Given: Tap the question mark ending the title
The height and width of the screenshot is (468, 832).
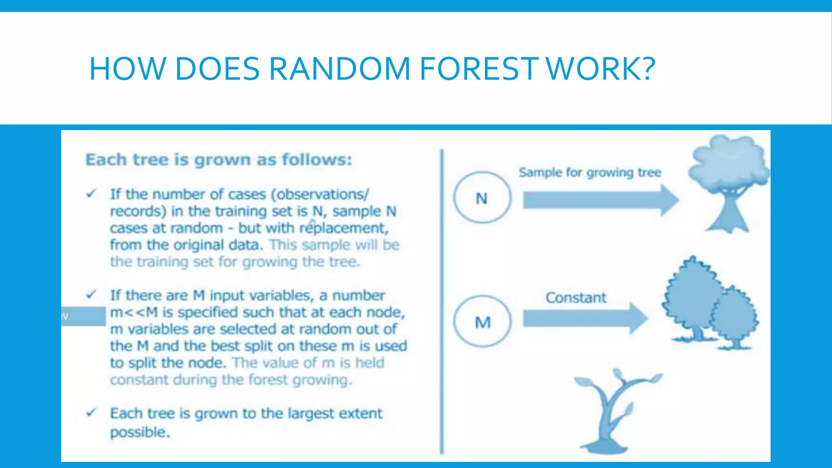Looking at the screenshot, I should click(x=646, y=69).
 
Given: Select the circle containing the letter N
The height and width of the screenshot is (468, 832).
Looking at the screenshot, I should click(x=482, y=197).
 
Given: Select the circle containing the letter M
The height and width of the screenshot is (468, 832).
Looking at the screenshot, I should click(x=482, y=322).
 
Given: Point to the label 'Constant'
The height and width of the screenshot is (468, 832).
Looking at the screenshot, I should click(x=575, y=298).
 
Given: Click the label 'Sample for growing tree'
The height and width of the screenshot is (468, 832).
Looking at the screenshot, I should click(x=589, y=173).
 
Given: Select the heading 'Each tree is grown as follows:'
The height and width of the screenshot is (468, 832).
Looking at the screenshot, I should click(x=219, y=160).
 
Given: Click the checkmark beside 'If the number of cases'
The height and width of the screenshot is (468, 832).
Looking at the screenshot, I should click(x=91, y=193).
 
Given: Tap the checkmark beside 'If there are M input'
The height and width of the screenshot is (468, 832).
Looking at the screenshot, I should click(x=91, y=294).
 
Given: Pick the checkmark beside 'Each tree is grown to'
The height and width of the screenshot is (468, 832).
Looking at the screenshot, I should click(x=91, y=413).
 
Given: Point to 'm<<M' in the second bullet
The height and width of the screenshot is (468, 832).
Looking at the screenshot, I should click(x=134, y=312).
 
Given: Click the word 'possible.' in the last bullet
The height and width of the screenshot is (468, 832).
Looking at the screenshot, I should click(x=140, y=432).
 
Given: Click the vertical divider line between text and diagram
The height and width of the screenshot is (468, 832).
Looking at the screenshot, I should click(x=442, y=301).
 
